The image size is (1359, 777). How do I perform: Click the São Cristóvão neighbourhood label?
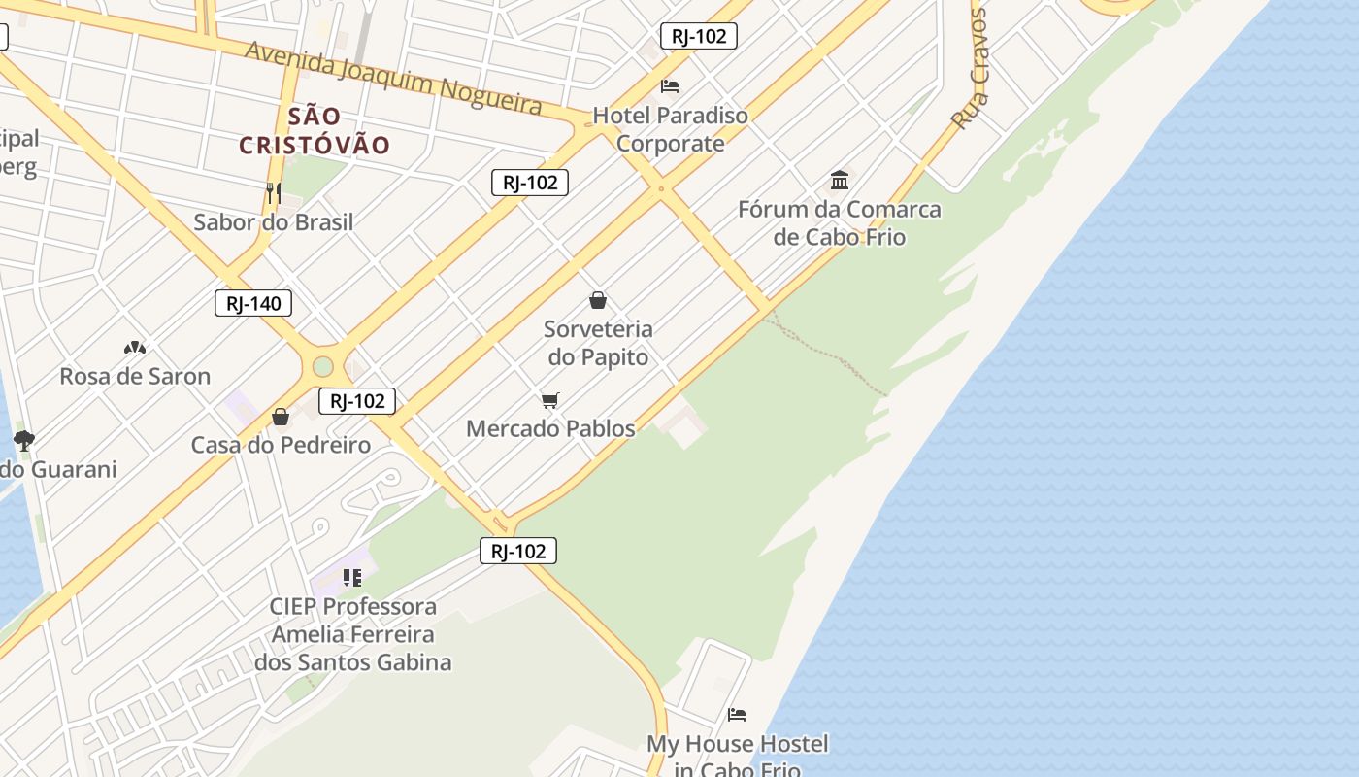[315, 131]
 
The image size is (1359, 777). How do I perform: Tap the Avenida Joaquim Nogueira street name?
[392, 77]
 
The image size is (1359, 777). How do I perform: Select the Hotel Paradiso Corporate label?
[671, 129]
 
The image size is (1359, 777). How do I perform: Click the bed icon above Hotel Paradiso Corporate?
[670, 85]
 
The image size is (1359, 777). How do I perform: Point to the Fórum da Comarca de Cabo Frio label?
[840, 222]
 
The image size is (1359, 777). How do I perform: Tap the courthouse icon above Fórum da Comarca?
[840, 180]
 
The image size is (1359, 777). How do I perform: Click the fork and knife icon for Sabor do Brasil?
[273, 192]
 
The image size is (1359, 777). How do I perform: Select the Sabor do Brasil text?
[273, 221]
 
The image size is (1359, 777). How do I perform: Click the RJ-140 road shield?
[253, 303]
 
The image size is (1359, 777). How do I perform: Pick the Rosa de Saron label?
[135, 376]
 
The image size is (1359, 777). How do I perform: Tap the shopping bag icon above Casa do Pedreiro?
[281, 417]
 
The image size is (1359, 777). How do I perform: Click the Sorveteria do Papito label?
[598, 343]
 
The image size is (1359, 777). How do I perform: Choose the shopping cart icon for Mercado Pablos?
[550, 400]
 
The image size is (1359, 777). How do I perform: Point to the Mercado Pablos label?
[550, 428]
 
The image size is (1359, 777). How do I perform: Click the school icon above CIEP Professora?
[352, 578]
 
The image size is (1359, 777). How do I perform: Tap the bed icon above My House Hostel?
[737, 715]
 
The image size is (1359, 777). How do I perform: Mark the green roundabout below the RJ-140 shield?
[322, 366]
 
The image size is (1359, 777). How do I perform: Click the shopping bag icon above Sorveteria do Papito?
[598, 300]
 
